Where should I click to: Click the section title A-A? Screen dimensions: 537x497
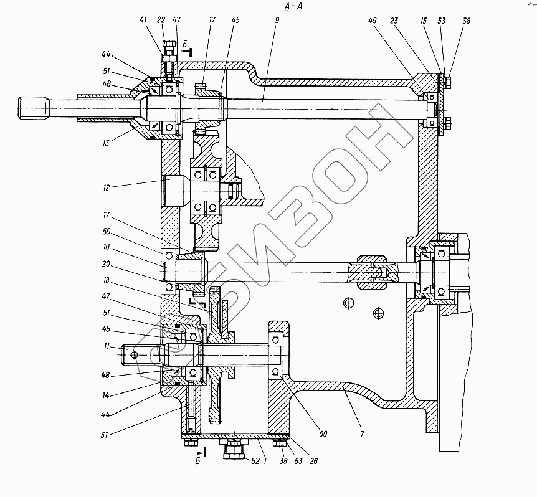(x=293, y=6)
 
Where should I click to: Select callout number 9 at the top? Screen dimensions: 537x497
(x=277, y=20)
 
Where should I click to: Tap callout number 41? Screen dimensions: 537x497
(x=143, y=20)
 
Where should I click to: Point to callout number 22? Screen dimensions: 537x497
(x=161, y=20)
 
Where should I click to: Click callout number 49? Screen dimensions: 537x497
(x=373, y=21)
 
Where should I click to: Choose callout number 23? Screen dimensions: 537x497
(x=394, y=21)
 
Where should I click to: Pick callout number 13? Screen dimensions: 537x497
(x=106, y=143)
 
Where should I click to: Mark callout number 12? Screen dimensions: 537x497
(x=106, y=187)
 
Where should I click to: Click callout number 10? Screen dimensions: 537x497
(x=106, y=247)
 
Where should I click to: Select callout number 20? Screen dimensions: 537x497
(x=106, y=264)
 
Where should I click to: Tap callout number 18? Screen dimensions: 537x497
(x=106, y=281)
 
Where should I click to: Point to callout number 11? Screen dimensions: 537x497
(x=107, y=346)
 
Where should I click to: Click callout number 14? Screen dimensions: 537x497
(x=106, y=395)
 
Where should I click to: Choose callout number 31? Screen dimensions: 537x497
(x=105, y=435)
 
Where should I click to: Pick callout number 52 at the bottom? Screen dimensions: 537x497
(x=255, y=461)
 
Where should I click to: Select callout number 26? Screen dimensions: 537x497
(x=314, y=461)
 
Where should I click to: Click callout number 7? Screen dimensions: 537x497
(x=363, y=434)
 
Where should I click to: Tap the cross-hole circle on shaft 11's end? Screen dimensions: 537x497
(x=135, y=355)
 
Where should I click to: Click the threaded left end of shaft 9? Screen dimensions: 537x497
(x=32, y=108)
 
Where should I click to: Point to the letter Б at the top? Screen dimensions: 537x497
(x=184, y=44)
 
